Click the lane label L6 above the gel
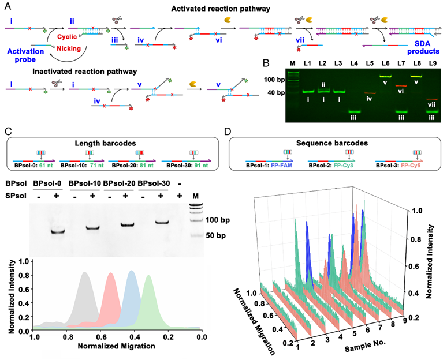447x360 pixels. click(x=385, y=63)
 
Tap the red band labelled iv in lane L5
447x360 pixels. click(x=370, y=93)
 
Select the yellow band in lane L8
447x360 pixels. click(x=417, y=76)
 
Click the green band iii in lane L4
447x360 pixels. click(x=354, y=111)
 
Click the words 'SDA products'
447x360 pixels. click(x=423, y=47)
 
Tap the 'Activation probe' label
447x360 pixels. click(x=25, y=55)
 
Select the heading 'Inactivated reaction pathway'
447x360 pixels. click(x=85, y=71)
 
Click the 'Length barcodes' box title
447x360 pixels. click(x=105, y=143)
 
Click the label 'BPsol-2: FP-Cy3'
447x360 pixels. click(x=331, y=166)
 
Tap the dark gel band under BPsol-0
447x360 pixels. click(x=58, y=231)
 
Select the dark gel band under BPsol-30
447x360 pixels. click(x=162, y=222)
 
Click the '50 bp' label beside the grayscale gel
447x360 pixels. click(x=216, y=236)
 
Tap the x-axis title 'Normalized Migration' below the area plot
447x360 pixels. click(x=116, y=346)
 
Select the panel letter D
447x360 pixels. click(x=228, y=132)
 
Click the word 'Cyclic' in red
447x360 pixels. click(x=67, y=37)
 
